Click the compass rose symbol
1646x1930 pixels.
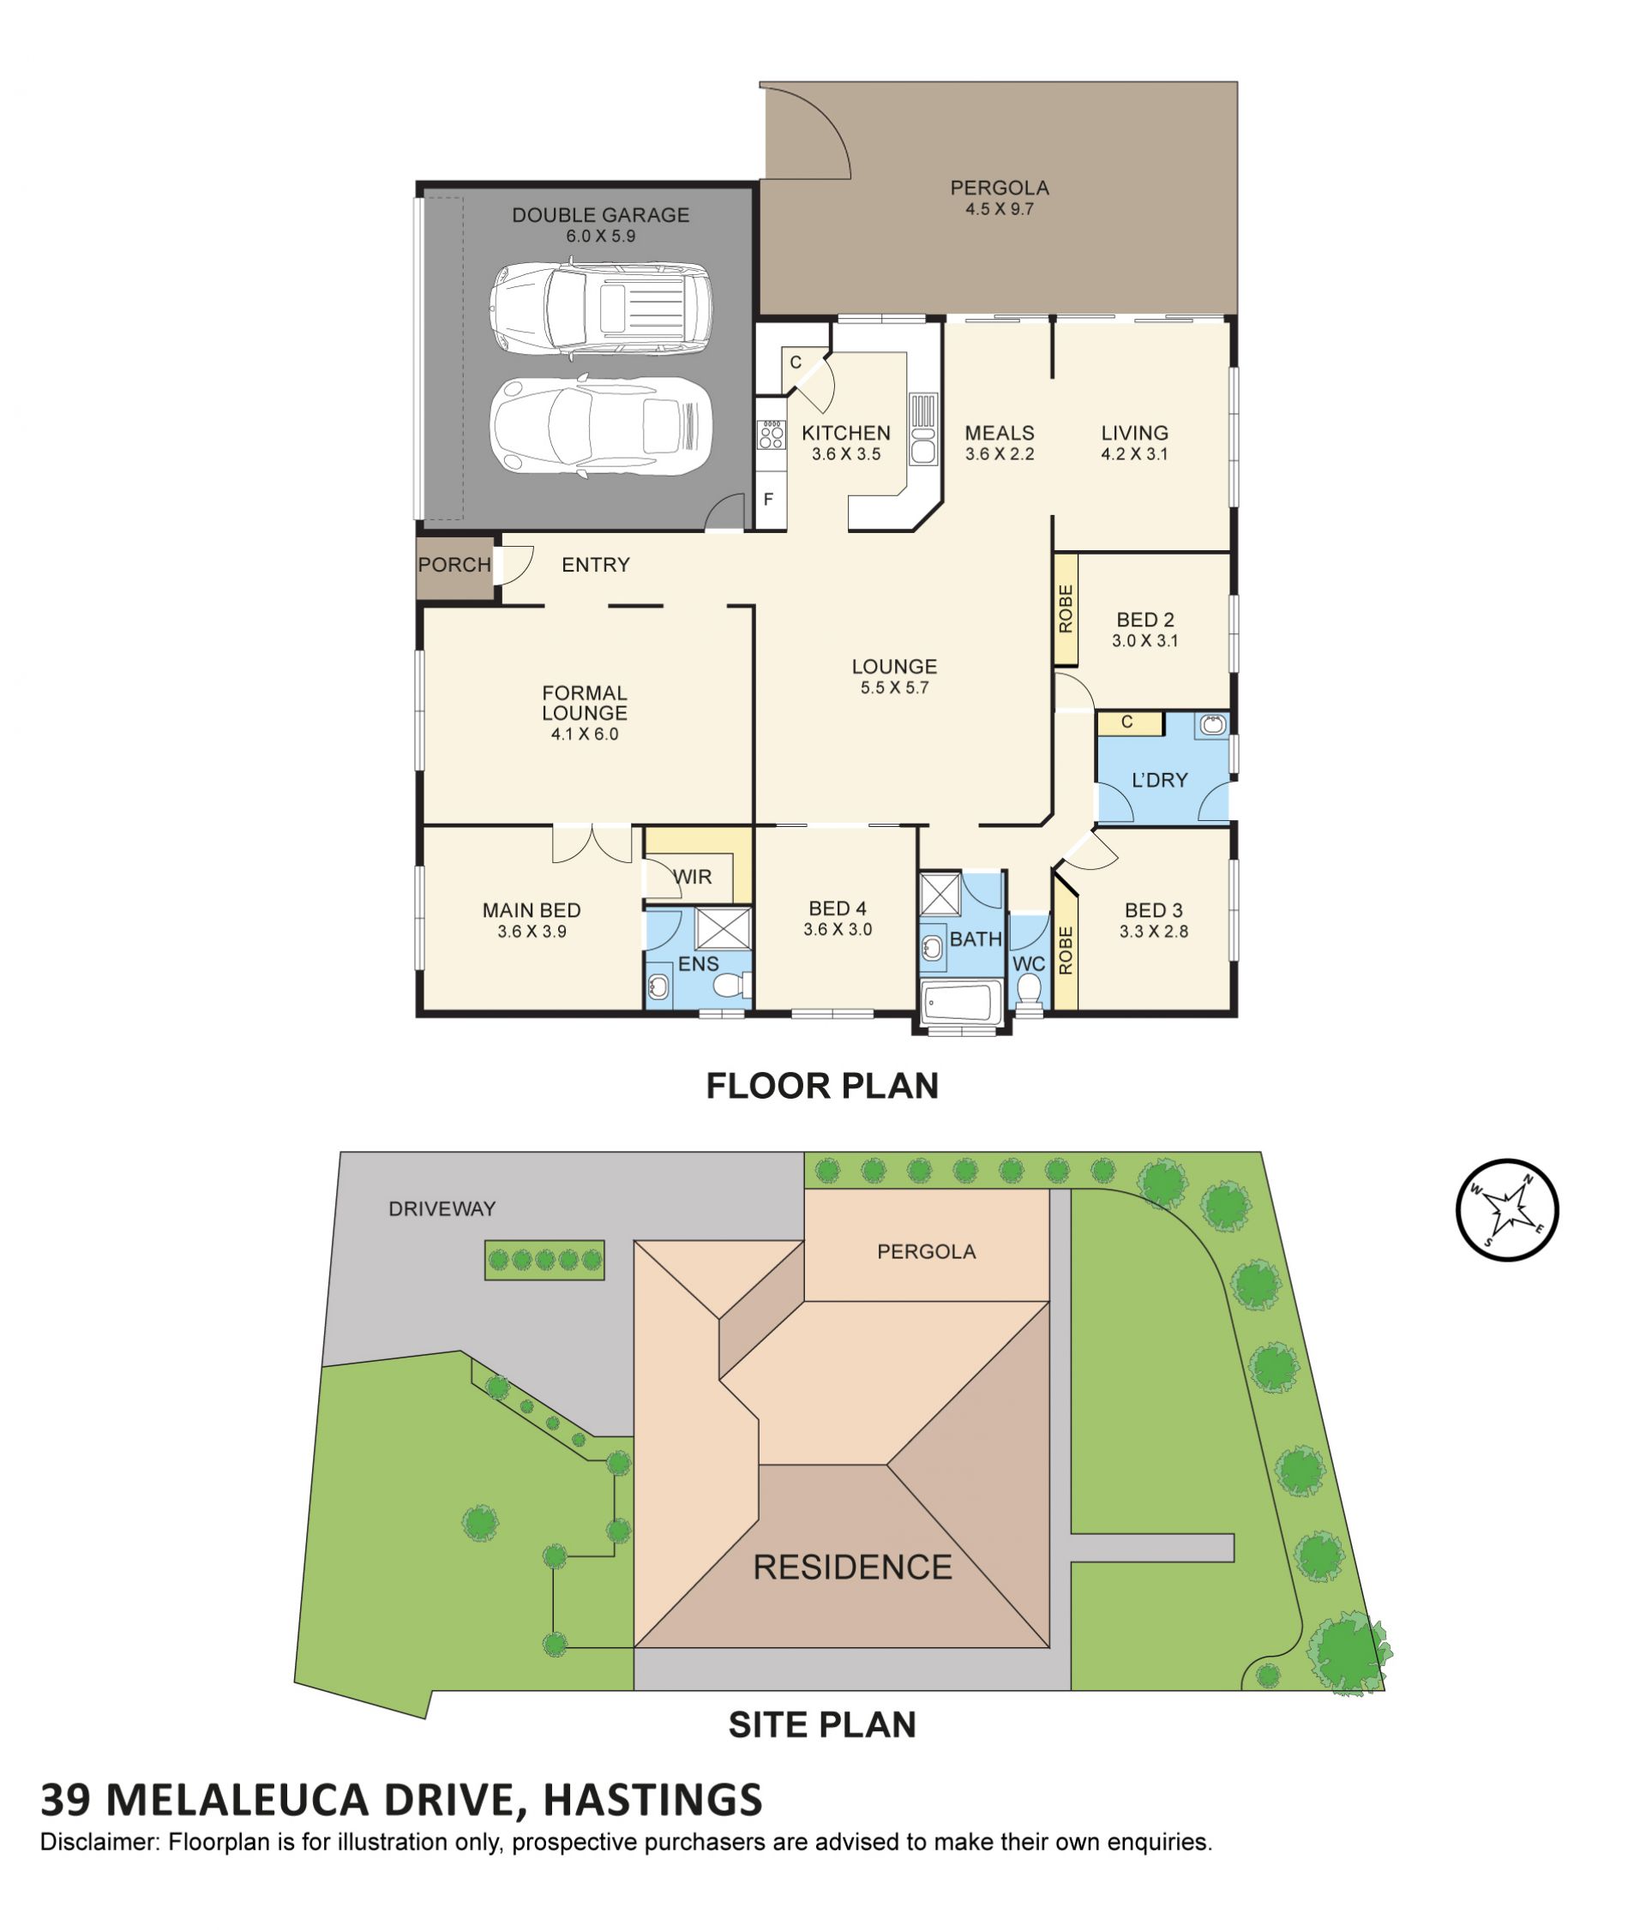tap(1506, 1209)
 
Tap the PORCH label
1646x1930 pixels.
tap(454, 565)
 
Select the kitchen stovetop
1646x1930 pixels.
tap(772, 433)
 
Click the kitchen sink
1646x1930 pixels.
tap(922, 429)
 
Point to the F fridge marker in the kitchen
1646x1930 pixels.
tap(768, 500)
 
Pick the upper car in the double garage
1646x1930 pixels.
tap(601, 311)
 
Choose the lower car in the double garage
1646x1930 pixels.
tap(601, 427)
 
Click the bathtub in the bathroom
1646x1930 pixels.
tap(960, 1001)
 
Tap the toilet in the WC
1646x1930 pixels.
tap(1029, 990)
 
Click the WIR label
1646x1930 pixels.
tap(692, 877)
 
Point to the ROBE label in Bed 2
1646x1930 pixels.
tap(1066, 609)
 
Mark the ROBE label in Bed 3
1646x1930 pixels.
tap(1066, 950)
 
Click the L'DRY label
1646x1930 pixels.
tap(1159, 780)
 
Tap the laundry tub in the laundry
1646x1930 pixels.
tap(1212, 725)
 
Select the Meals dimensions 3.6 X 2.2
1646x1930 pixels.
tap(999, 454)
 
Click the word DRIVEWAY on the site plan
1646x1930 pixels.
tap(442, 1208)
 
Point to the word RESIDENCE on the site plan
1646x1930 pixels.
tap(851, 1567)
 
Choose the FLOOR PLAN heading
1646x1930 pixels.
tap(821, 1085)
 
